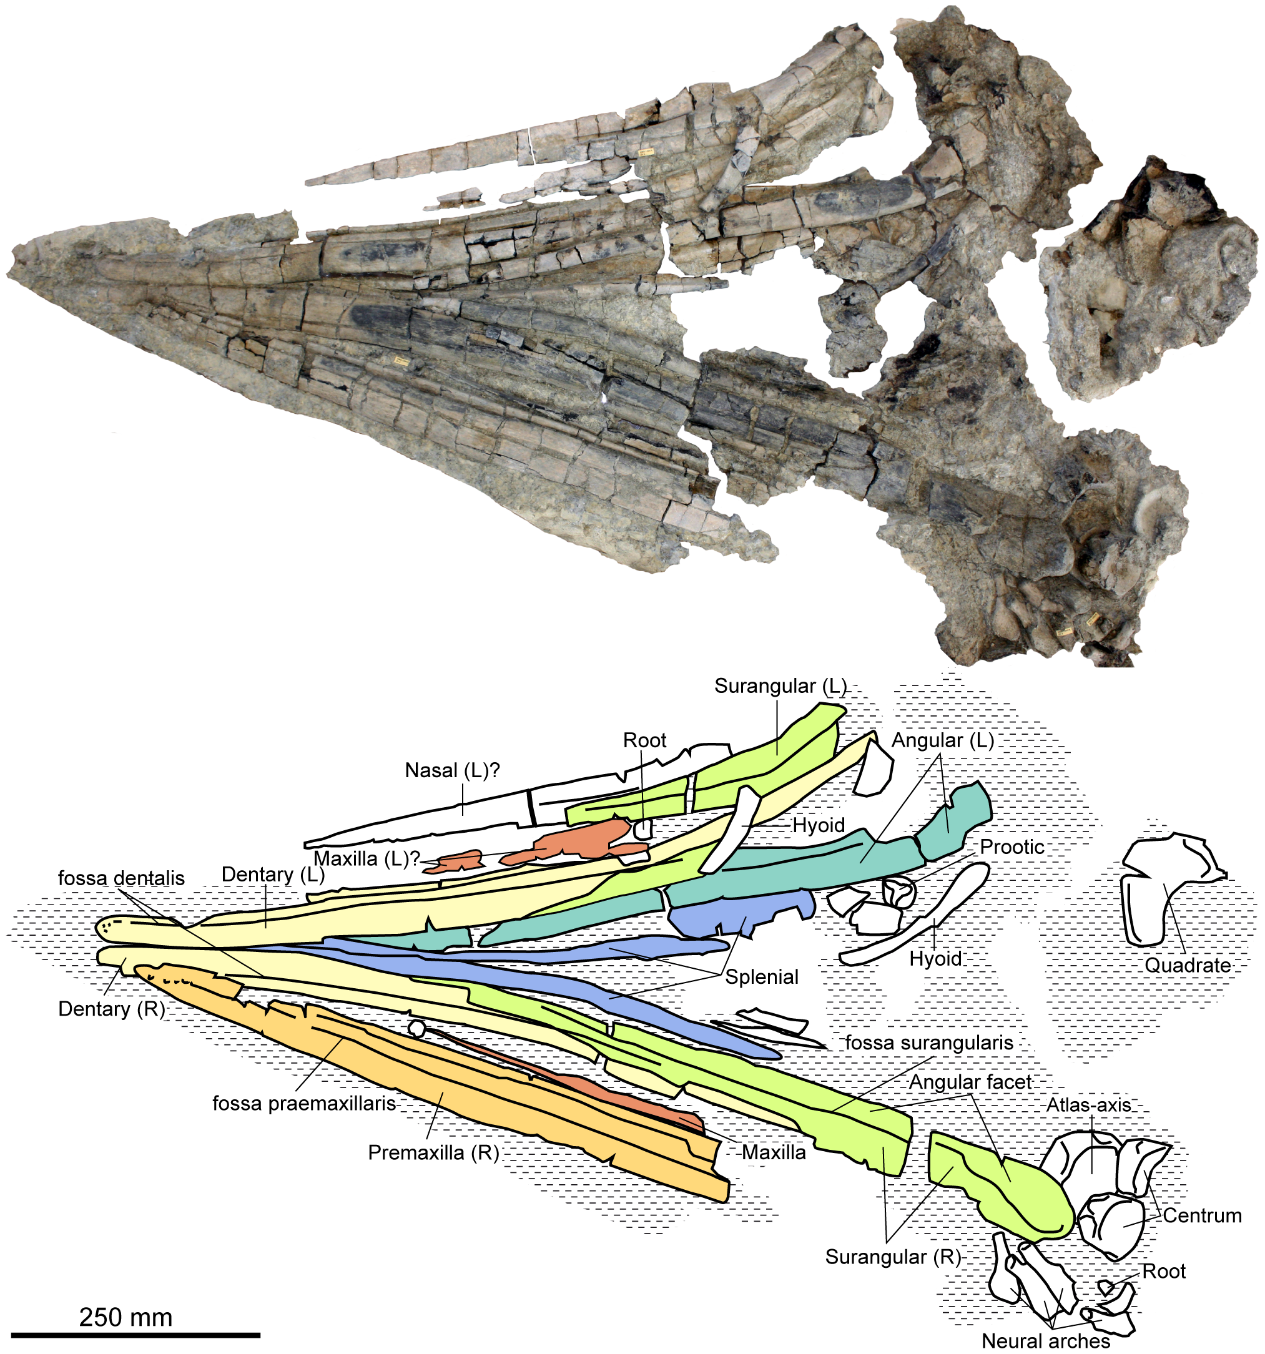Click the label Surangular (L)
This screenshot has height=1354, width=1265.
click(779, 686)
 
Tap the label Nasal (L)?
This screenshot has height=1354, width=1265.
click(452, 770)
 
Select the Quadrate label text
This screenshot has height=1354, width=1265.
click(1188, 965)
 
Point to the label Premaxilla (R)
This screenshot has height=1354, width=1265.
click(433, 1152)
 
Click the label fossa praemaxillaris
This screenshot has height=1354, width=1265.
click(304, 1102)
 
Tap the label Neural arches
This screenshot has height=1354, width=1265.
click(1046, 1341)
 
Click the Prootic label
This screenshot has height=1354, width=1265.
click(1012, 846)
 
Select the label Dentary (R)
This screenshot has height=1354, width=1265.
click(112, 1009)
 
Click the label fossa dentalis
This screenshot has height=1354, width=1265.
click(121, 878)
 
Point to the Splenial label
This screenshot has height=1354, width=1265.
click(762, 977)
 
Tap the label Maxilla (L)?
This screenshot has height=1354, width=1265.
click(367, 858)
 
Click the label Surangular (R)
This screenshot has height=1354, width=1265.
click(892, 1257)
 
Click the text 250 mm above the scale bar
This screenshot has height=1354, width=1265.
click(126, 1317)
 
